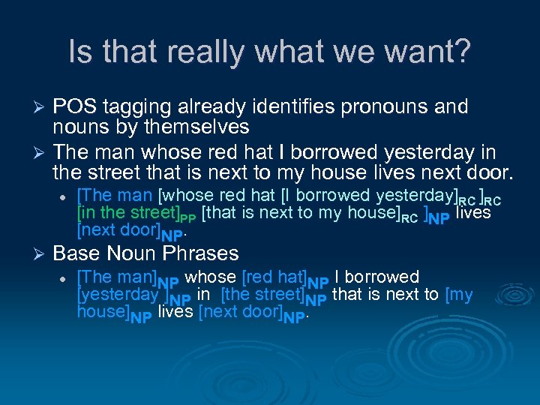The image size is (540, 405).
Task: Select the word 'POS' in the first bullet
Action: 74,107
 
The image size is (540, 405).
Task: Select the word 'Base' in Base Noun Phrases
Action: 76,253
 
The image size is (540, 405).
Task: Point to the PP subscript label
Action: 190,218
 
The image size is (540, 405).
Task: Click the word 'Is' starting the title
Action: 78,52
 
